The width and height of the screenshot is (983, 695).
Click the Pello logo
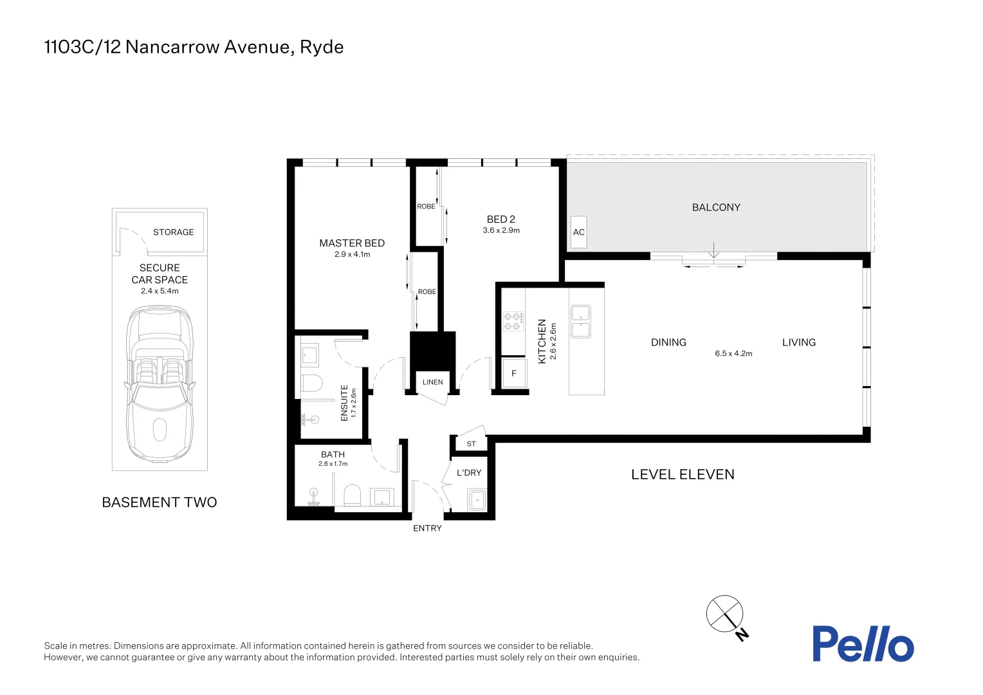tap(862, 644)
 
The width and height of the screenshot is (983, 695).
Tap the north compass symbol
tap(726, 614)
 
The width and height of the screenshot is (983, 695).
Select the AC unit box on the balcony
tap(578, 232)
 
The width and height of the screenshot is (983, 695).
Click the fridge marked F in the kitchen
tap(513, 373)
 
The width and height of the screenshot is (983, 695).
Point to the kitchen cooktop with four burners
tap(513, 322)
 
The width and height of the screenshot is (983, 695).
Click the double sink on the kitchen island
tap(580, 322)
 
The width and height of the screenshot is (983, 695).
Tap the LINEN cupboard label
tap(432, 382)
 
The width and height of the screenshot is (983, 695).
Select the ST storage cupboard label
tap(471, 444)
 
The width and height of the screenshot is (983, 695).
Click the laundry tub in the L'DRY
tap(477, 499)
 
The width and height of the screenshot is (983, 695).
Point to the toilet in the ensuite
tap(312, 384)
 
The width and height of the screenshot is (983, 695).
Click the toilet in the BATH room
tap(353, 496)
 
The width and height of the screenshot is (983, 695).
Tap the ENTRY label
tap(427, 528)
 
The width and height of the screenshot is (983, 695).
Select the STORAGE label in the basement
tap(173, 232)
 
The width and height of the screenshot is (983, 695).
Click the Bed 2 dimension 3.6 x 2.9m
tap(501, 230)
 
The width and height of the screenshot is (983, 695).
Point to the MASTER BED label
tap(352, 243)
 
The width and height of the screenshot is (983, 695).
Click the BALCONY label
tap(716, 207)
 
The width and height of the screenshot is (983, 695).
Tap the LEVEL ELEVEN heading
tap(683, 475)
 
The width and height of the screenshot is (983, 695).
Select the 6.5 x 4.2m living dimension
tap(733, 353)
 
